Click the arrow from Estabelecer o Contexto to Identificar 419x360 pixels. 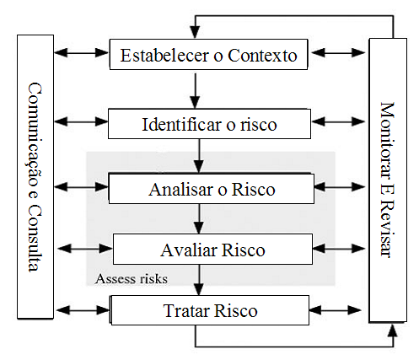tap(195, 89)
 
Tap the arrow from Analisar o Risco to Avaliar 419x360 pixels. tap(198, 218)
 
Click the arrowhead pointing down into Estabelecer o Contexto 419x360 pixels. tap(195, 34)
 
